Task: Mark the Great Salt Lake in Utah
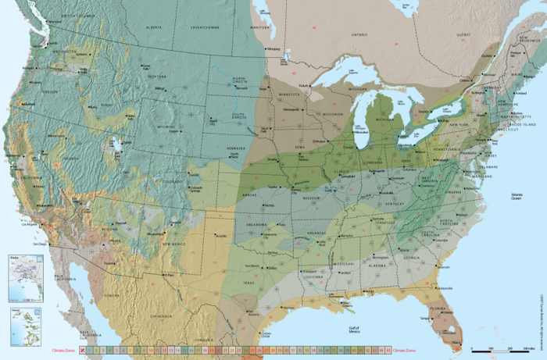click(116, 144)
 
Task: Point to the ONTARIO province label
click(359, 35)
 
